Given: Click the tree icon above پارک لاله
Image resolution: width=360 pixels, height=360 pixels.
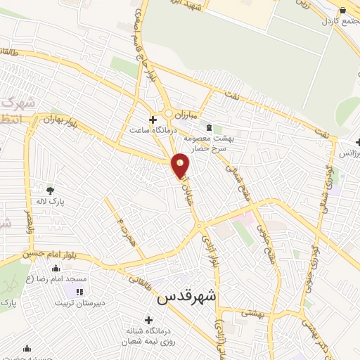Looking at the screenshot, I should click(x=49, y=190).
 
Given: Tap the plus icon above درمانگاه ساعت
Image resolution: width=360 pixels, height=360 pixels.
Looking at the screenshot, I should click(x=153, y=119).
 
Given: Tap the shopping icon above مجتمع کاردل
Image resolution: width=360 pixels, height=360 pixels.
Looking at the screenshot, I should click(x=342, y=8).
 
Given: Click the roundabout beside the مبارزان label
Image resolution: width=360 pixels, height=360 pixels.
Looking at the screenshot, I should click(x=169, y=113).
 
